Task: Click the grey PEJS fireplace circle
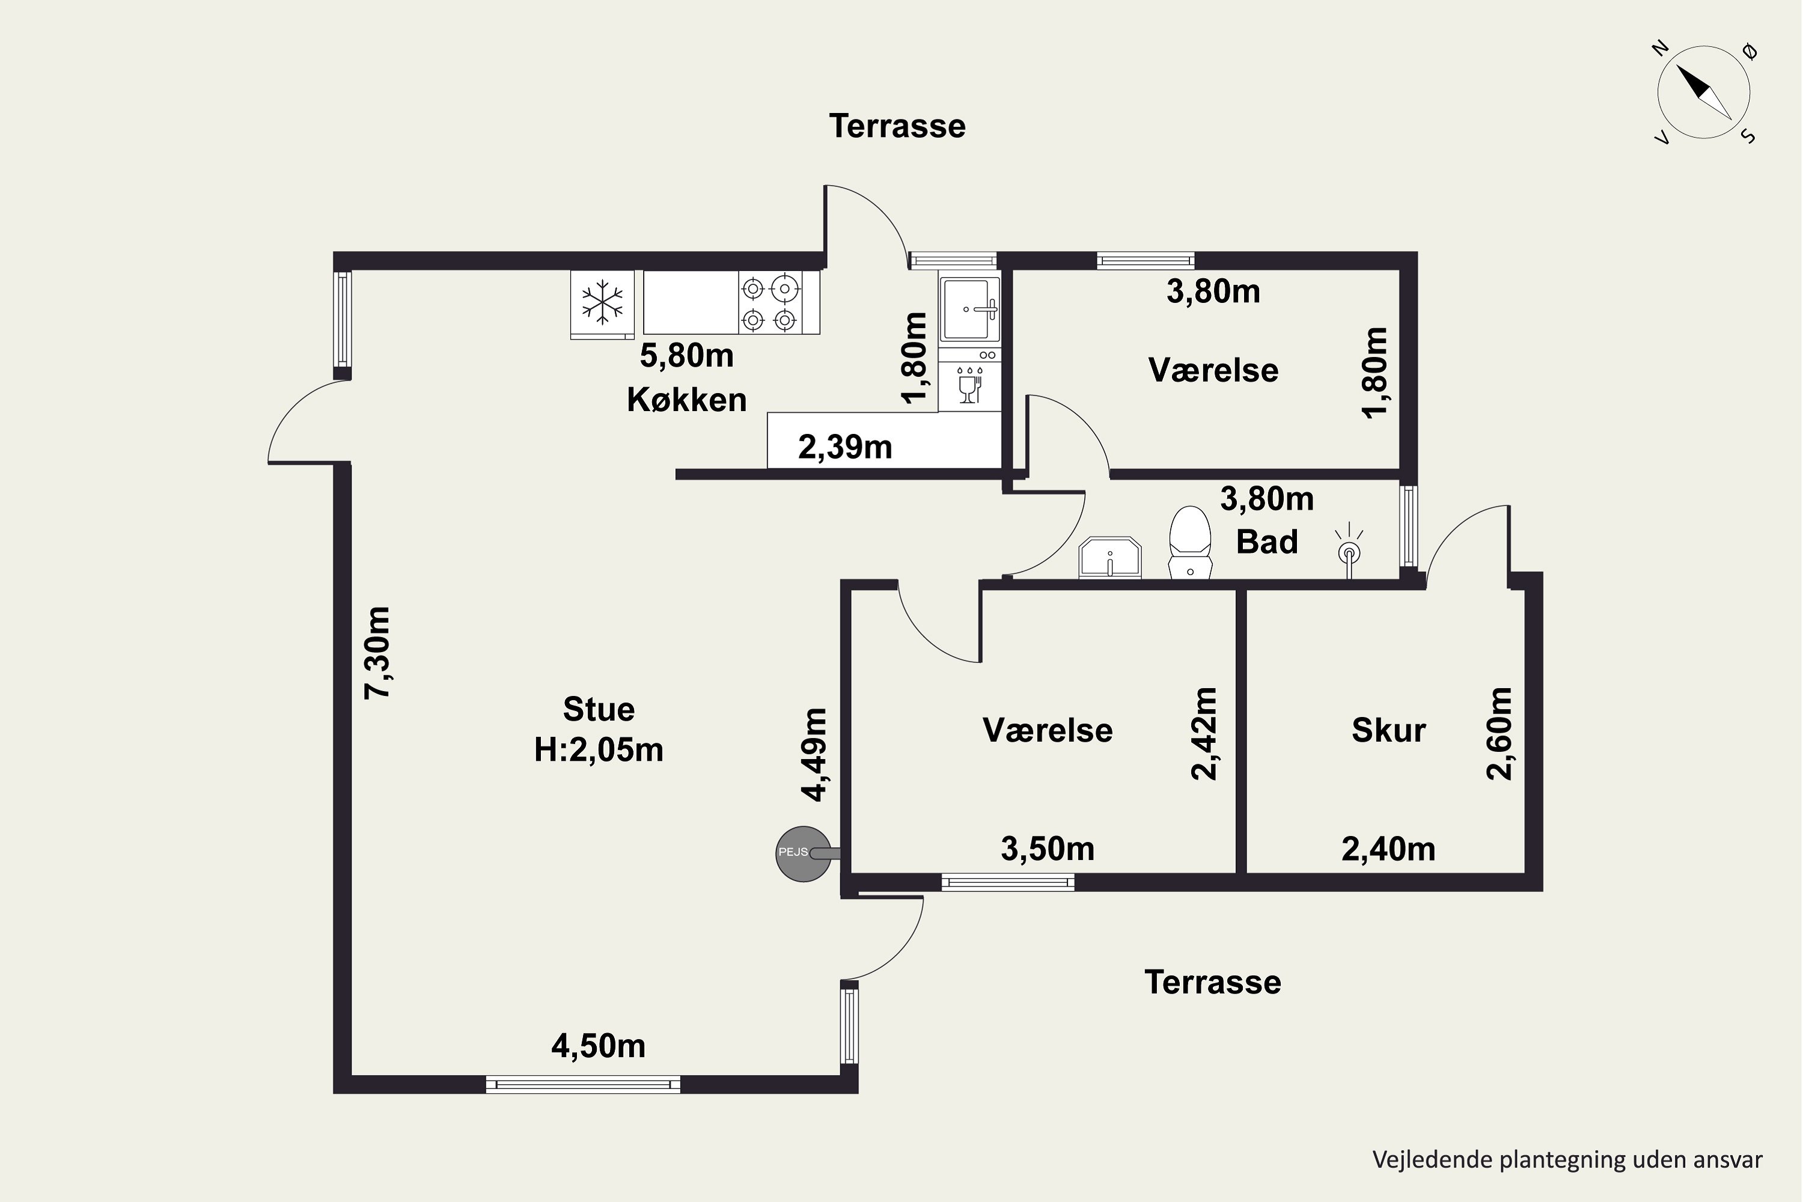pos(802,853)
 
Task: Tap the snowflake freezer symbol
pos(603,302)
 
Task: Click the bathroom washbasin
pos(1110,557)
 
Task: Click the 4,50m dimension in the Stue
pos(598,1046)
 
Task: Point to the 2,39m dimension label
pos(845,447)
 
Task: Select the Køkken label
pos(686,400)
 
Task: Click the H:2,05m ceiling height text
pos(599,749)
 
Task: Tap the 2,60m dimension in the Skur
pos(1499,734)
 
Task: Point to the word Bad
pos(1266,542)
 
